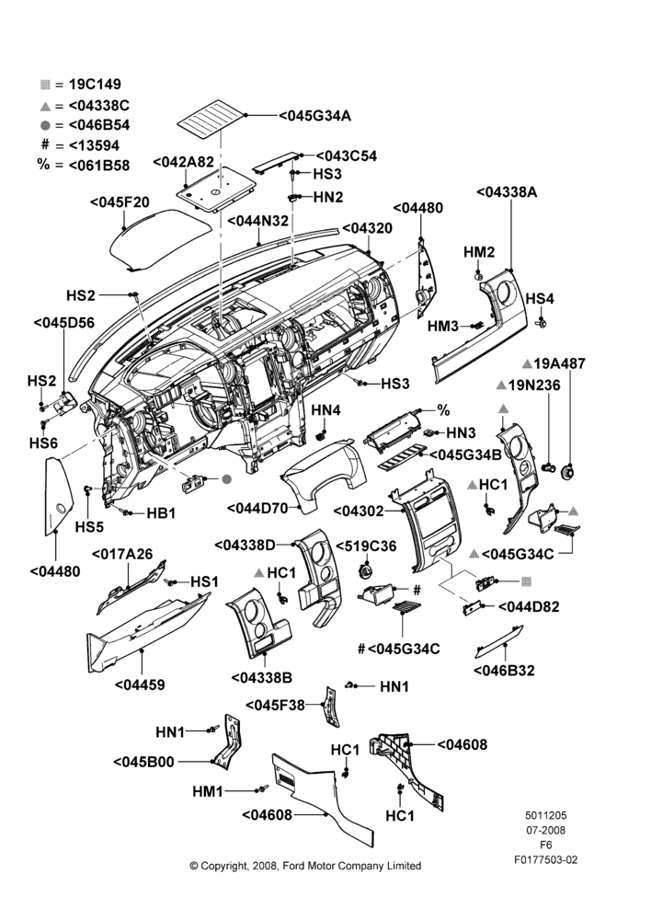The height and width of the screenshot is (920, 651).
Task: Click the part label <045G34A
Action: pos(315,116)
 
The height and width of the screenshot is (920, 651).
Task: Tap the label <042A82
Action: pos(183,162)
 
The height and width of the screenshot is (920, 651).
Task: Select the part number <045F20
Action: pos(120,202)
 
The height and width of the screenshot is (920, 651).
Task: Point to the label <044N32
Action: pos(258,221)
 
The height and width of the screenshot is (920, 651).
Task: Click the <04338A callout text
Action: pos(507,192)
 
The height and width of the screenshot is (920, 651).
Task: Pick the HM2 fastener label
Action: pos(479,252)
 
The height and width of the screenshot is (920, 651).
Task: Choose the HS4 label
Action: pos(540,298)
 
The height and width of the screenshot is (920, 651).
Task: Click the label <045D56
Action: pos(64,323)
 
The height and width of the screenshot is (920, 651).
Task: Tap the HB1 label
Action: pos(161,512)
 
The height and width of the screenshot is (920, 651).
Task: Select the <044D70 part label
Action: pos(257,508)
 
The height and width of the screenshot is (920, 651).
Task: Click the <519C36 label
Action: pos(366,546)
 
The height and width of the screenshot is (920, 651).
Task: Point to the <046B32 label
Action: pos(504,670)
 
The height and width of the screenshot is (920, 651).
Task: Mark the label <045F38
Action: pos(275,705)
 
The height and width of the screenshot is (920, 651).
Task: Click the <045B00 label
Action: pos(143,762)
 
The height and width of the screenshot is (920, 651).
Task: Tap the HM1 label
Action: pos(208,791)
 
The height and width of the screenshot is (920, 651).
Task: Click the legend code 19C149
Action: pos(95,84)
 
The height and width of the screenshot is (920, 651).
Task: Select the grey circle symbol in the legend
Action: pos(45,125)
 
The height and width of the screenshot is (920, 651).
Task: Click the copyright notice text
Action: pos(305,866)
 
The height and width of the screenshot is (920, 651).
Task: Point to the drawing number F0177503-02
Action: pos(545,859)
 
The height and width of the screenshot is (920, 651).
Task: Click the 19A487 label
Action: pos(559,363)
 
